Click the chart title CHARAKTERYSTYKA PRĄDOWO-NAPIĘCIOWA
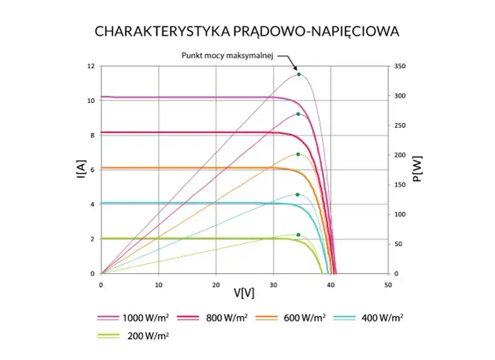247,32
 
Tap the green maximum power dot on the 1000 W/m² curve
299,74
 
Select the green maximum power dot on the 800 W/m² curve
298,115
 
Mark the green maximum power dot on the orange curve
298,154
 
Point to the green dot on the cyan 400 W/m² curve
298,194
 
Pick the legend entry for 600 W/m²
289,317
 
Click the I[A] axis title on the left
80,170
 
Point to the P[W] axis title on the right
418,170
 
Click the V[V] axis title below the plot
244,293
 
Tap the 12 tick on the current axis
91,67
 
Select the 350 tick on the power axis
399,67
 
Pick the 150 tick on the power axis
399,185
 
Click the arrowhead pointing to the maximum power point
292,68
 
